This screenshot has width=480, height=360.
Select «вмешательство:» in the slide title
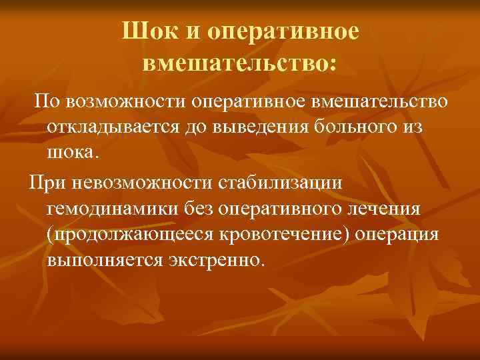[240, 64]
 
